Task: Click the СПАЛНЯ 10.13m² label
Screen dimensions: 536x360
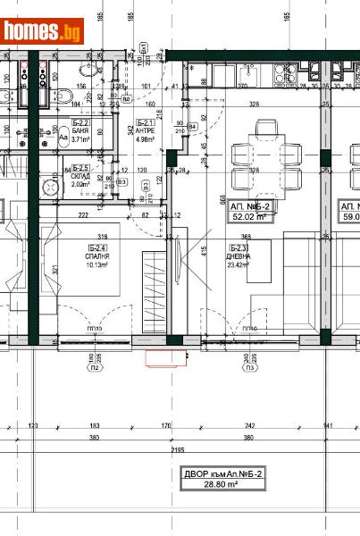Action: coord(96,256)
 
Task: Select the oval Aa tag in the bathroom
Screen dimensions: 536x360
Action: coord(63,138)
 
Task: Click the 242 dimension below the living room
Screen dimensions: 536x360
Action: coord(251,425)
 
